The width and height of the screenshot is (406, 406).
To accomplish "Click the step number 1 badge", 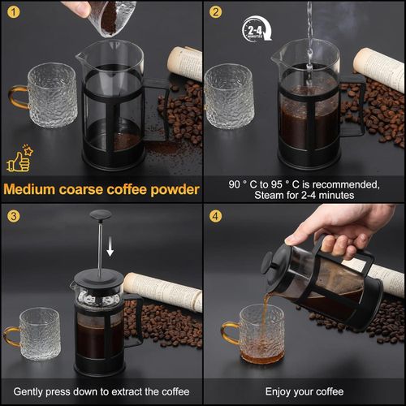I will click(12, 11).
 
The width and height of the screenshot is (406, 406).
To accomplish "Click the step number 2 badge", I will click(215, 11).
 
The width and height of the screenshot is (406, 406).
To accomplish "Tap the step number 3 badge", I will click(12, 216).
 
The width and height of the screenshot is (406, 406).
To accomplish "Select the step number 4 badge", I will click(215, 216).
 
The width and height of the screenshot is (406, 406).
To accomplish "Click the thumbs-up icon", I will click(17, 160).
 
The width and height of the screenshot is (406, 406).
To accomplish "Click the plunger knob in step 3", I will click(101, 215).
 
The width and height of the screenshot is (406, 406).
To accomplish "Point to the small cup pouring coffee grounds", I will click(112, 17).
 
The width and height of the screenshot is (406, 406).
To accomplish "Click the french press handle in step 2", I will click(355, 106).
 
